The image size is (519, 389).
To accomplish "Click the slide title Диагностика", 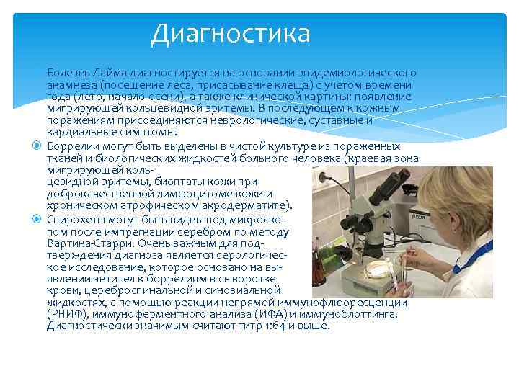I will click(x=230, y=33).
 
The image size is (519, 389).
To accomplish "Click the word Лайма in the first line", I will click(x=99, y=73).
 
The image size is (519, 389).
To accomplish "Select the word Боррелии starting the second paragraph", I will click(x=70, y=146).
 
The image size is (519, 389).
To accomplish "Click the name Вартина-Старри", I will click(x=84, y=243).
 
